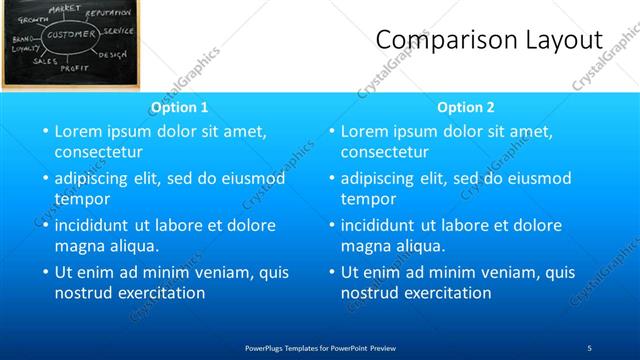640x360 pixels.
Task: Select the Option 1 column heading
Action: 180,107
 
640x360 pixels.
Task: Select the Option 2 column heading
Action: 466,107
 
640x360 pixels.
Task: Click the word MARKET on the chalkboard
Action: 64,8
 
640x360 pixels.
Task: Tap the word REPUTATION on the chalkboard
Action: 109,13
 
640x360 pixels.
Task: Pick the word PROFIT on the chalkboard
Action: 75,68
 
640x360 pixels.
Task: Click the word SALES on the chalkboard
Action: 44,61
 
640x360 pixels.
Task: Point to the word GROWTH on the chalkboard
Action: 23,18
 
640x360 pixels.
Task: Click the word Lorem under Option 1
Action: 79,131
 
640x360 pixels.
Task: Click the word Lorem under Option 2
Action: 365,131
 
